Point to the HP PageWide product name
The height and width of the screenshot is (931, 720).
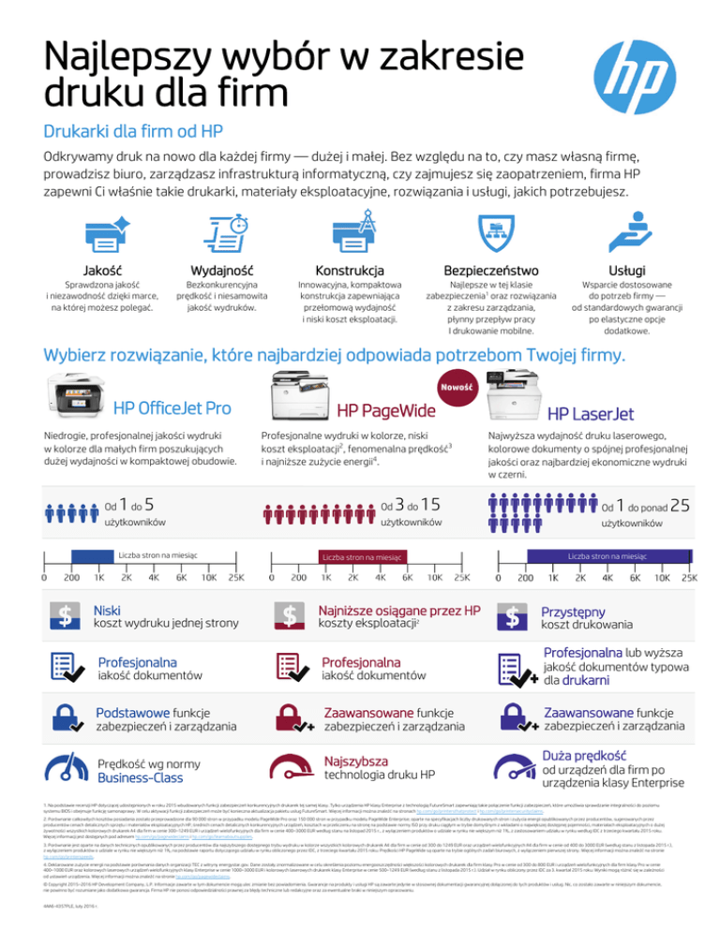[x=385, y=412]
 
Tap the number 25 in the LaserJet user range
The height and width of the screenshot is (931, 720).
[x=682, y=505]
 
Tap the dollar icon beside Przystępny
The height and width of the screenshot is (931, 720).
[x=514, y=617]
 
